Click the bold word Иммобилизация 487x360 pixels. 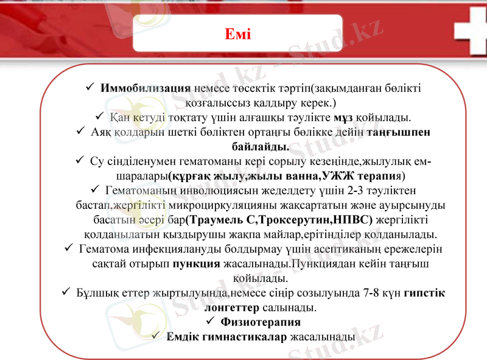[145, 88]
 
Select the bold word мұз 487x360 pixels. [343, 117]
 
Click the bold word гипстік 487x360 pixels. [424, 293]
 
